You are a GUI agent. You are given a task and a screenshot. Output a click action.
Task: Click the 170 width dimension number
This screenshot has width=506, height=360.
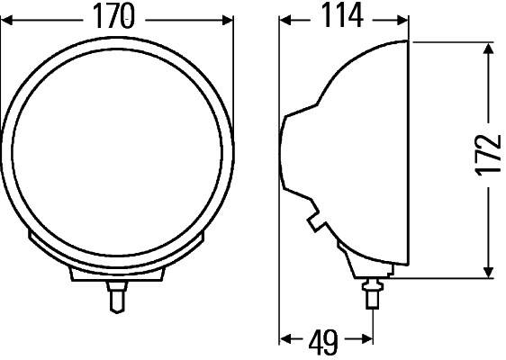click(118, 15)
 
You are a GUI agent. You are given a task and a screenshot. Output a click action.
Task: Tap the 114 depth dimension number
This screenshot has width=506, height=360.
click(339, 15)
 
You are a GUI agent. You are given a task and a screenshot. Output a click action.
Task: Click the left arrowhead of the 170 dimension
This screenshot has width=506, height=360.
click(8, 17)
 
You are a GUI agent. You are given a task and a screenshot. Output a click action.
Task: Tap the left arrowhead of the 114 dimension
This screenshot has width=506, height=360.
click(285, 17)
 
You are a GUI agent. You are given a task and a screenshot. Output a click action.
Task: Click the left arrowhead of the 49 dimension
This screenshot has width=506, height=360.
click(285, 339)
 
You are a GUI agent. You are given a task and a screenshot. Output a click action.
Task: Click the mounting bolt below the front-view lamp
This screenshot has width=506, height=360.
click(116, 295)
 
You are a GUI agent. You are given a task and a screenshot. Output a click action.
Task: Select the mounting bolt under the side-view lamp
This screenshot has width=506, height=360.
click(370, 292)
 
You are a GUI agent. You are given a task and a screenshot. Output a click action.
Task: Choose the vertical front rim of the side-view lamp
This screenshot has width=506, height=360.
click(408, 157)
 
